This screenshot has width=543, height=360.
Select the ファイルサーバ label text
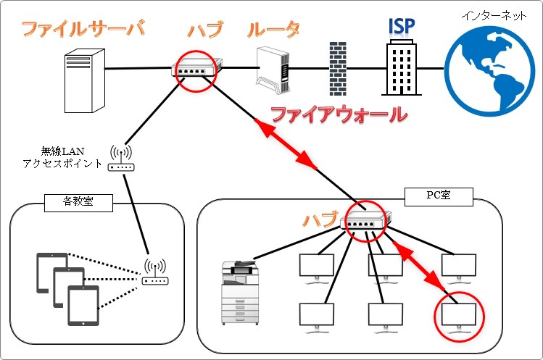tap(83, 30)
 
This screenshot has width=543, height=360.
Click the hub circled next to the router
tap(195, 70)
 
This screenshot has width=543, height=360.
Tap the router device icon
tap(273, 70)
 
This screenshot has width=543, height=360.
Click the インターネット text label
tap(494, 15)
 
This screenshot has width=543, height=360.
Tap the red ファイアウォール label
tap(338, 114)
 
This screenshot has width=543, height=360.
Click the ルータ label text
tap(273, 30)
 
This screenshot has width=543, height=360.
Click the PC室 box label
tap(439, 195)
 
